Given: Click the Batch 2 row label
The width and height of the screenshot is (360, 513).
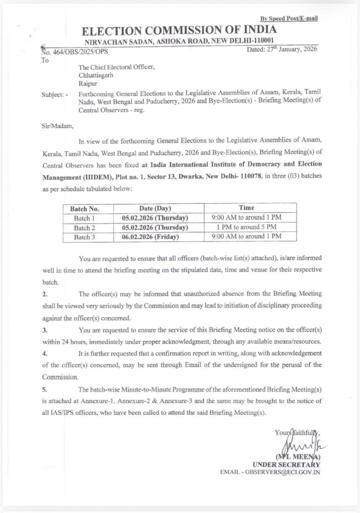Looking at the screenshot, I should (x=85, y=227).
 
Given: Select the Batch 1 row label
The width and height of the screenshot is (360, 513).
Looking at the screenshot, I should (x=85, y=218).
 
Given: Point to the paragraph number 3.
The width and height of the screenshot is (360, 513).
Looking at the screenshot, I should (x=44, y=331).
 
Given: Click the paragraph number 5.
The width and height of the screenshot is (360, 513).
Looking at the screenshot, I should (x=44, y=390).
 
